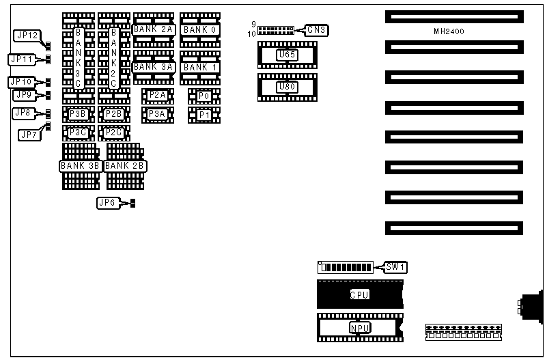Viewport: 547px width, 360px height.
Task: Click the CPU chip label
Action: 359,295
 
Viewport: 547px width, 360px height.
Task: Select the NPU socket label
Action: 359,327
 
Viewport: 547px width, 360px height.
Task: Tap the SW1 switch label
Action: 395,266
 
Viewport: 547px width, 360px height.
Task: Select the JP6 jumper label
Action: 108,202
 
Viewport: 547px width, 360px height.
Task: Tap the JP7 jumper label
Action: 28,135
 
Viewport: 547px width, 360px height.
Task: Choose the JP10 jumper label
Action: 20,82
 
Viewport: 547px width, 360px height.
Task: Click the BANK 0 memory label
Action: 199,29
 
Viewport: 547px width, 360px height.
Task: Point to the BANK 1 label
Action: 199,67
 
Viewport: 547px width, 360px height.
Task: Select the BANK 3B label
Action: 81,165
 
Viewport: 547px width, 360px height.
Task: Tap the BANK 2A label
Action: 154,29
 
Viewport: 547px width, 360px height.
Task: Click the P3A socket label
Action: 157,114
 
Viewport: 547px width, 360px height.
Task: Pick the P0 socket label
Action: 204,96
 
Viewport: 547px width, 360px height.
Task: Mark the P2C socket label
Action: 114,132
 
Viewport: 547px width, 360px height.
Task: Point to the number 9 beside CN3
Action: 253,25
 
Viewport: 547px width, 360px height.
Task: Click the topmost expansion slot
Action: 453,16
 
